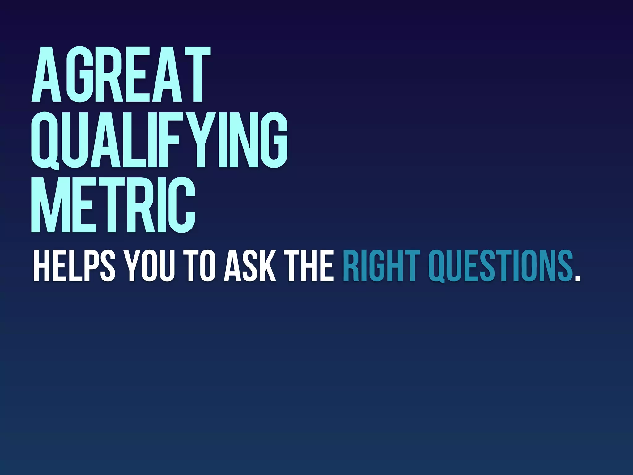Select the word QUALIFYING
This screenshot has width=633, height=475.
point(159,140)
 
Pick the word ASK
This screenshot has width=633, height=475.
point(250,266)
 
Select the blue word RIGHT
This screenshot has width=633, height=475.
point(381,266)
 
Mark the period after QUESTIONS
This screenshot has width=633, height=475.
point(577,278)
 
